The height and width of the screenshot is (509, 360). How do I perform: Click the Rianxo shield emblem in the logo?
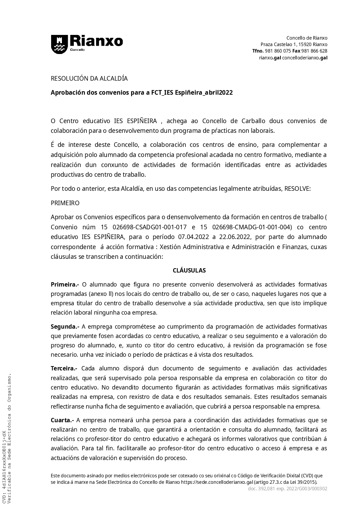tap(59, 44)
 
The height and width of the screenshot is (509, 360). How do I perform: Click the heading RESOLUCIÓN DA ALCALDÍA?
tap(89, 78)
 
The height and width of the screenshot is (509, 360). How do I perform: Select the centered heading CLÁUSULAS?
tap(189, 270)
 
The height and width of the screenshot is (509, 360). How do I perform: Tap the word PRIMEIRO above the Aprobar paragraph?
tap(65, 203)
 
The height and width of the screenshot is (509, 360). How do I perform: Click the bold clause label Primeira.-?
tap(65, 284)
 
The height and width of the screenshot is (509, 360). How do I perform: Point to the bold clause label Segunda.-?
tap(65, 326)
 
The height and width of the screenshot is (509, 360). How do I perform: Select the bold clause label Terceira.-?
tap(64, 368)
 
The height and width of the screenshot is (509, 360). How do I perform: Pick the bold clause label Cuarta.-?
tap(62, 420)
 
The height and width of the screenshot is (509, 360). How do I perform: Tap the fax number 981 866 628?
tap(314, 51)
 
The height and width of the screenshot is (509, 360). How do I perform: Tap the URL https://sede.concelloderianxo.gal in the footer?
tap(217, 482)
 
